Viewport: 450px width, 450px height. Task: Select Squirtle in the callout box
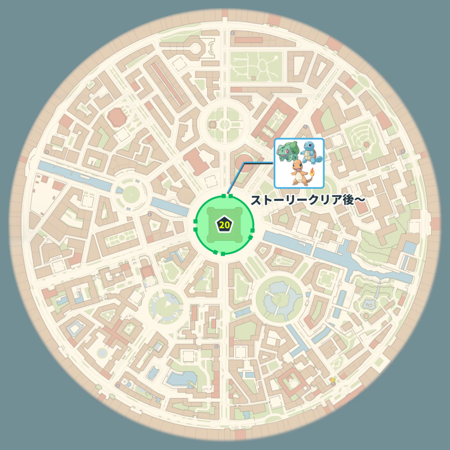pyautogui.click(x=311, y=153)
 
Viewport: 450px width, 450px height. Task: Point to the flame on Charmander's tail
pyautogui.click(x=312, y=170)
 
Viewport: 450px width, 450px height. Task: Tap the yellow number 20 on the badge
pyautogui.click(x=224, y=225)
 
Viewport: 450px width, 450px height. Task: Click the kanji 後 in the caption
pyautogui.click(x=345, y=200)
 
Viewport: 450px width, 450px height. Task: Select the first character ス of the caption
pyautogui.click(x=256, y=200)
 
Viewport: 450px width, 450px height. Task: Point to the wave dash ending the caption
pyautogui.click(x=359, y=200)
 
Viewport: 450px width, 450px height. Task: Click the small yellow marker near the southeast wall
pyautogui.click(x=332, y=380)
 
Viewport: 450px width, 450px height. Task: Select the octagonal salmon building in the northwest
pyautogui.click(x=117, y=118)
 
